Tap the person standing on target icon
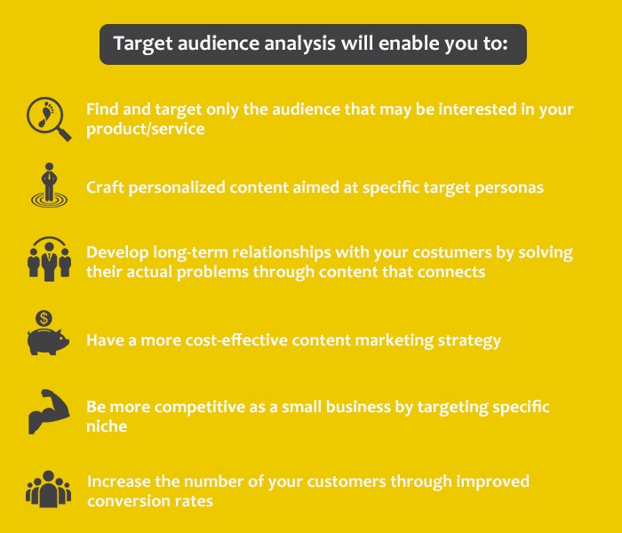[48, 186]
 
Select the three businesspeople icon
[48, 259]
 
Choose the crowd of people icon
[48, 489]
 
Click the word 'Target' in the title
[140, 44]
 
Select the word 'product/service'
[146, 129]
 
